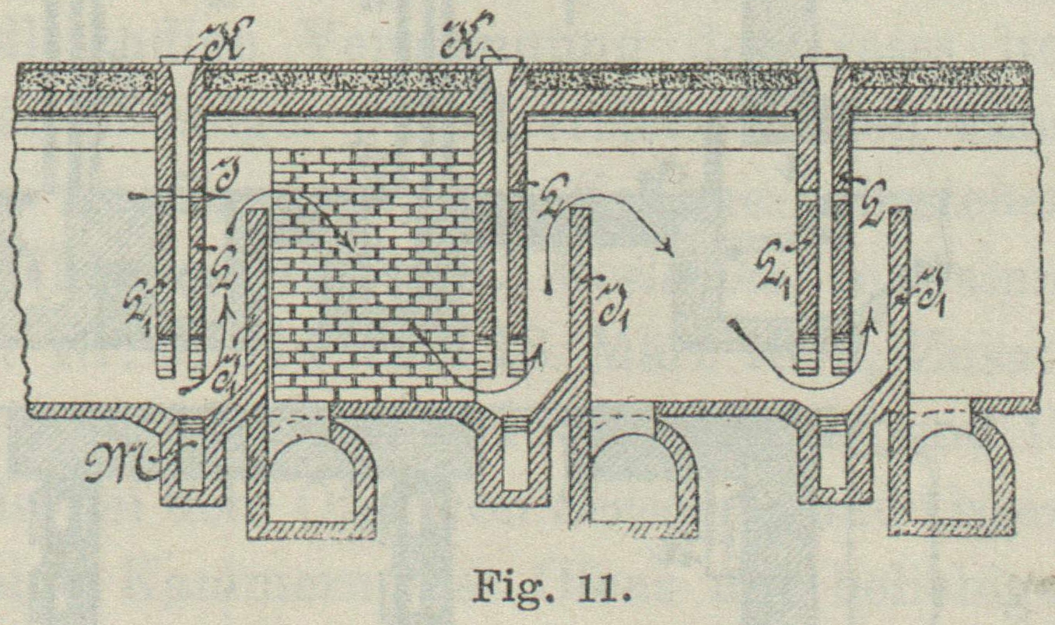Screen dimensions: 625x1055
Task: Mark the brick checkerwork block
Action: [x=373, y=272]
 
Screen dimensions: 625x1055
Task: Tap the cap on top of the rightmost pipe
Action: [x=823, y=59]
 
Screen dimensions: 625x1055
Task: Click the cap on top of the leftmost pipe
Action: [x=178, y=59]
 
